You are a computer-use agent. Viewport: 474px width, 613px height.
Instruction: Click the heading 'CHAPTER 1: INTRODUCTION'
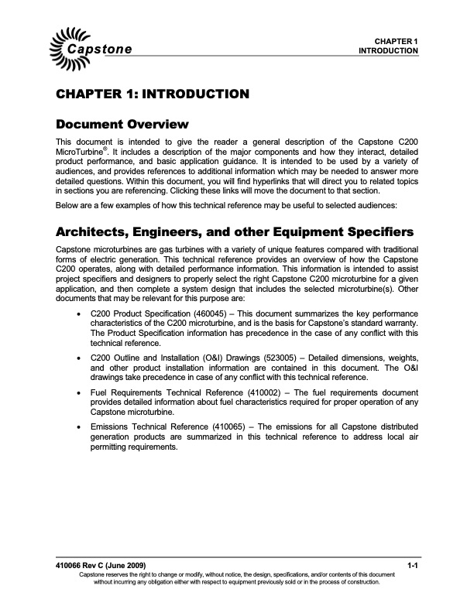[x=152, y=95]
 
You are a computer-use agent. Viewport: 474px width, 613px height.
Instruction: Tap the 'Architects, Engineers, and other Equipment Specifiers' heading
[x=239, y=233]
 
